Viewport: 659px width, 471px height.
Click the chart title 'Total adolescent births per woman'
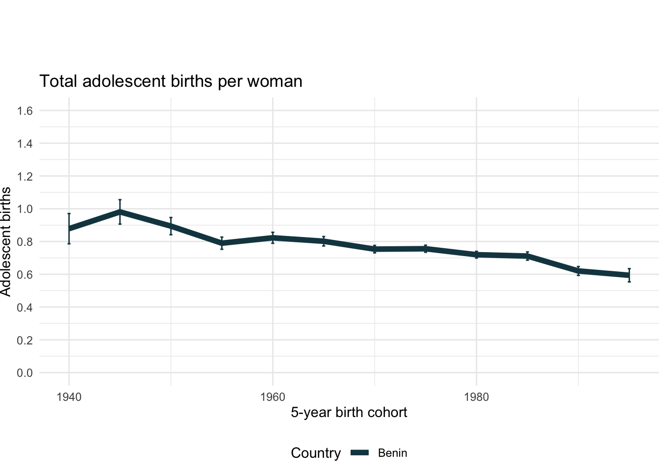tap(171, 81)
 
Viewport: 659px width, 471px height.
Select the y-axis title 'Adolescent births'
tap(6, 241)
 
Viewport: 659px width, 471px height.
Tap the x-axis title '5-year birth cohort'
tap(349, 412)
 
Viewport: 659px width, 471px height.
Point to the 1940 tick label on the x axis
tap(69, 397)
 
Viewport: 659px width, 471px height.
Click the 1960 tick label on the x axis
tap(273, 397)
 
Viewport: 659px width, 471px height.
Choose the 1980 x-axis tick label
tap(477, 397)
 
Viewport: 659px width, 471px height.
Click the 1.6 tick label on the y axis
tap(25, 111)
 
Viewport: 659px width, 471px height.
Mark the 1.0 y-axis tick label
tap(25, 209)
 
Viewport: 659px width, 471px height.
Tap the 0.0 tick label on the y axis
tap(25, 373)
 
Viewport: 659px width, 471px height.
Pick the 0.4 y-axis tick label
tap(25, 307)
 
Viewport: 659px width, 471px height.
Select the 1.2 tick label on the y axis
tap(25, 176)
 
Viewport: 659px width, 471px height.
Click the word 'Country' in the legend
tap(315, 453)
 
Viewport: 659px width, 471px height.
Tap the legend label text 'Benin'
tap(392, 453)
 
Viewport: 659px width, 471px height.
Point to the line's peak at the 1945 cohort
tap(120, 212)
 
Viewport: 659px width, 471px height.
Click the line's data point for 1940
tap(69, 229)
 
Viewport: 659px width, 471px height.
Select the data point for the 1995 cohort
tap(629, 275)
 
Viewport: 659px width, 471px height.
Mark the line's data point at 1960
tap(273, 237)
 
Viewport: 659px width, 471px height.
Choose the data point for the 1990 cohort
tap(579, 271)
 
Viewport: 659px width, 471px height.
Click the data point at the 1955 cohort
tap(222, 243)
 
